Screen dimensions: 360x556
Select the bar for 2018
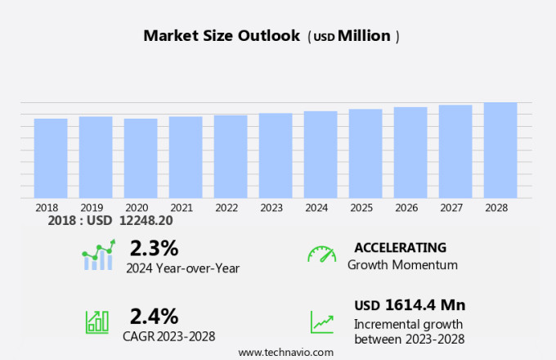point(51,158)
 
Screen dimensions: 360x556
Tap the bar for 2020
point(141,158)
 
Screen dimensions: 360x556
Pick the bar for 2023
point(276,155)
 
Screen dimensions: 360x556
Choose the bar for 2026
point(410,152)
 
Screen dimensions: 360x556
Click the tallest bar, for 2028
point(500,150)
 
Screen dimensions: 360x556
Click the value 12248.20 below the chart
point(146,221)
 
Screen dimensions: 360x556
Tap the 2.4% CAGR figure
point(154,316)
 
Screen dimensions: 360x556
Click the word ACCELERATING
point(400,248)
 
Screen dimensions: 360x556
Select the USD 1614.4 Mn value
point(410,305)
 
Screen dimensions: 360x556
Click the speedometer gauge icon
point(321,254)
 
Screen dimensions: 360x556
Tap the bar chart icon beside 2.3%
point(98,255)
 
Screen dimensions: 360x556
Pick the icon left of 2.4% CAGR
point(97,322)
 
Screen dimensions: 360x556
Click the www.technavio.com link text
point(285,352)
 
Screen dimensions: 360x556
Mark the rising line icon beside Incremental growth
point(321,322)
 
